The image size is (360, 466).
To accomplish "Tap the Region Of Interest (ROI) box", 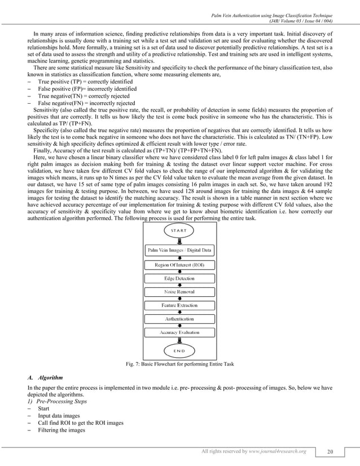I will [x=179, y=264].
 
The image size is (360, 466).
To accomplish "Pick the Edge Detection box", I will [x=179, y=278].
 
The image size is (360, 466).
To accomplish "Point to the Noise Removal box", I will [x=179, y=292].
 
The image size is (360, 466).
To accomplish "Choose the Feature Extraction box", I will [x=179, y=305].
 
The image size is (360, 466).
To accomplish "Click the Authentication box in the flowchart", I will [x=179, y=319].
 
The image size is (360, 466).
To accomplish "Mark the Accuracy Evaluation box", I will [x=179, y=332].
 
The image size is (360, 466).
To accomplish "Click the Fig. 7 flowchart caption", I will [x=179, y=364].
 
